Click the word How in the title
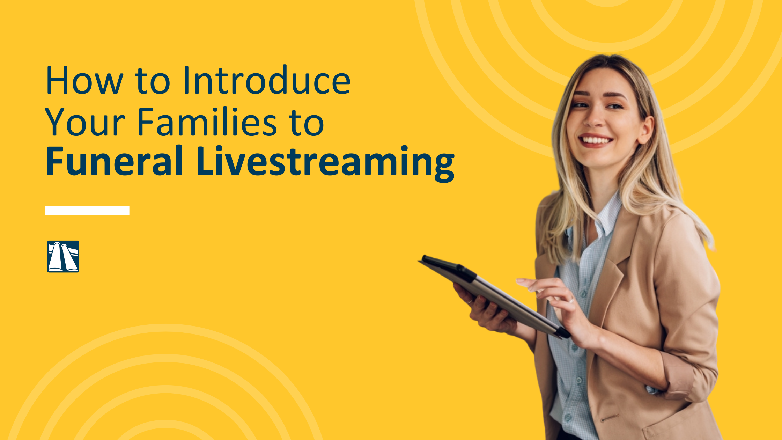[84, 80]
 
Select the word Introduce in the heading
[266, 80]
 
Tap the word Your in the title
[85, 122]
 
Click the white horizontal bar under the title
[87, 211]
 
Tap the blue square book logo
[63, 256]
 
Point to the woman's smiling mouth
[596, 140]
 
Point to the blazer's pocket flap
[609, 418]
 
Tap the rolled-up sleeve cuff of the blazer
[681, 377]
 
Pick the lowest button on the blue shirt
[568, 417]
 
